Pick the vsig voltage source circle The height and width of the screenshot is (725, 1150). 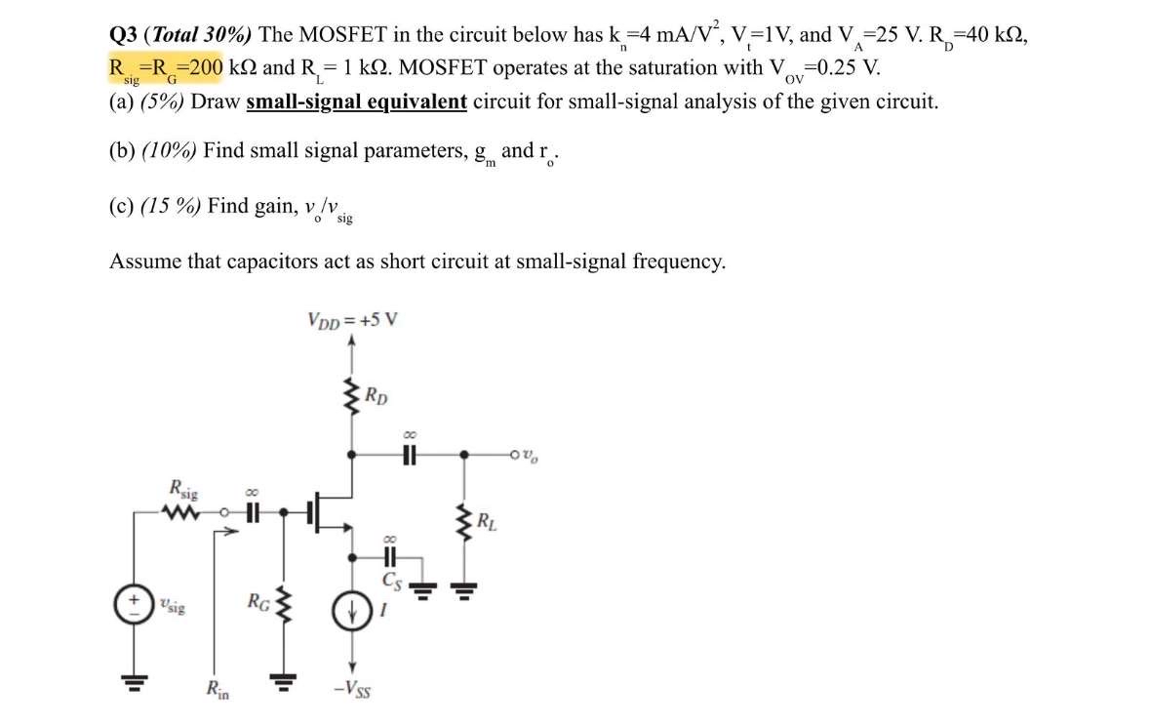[x=131, y=605]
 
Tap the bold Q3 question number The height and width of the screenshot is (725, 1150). [x=123, y=34]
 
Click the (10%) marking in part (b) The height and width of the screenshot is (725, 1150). [x=171, y=151]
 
